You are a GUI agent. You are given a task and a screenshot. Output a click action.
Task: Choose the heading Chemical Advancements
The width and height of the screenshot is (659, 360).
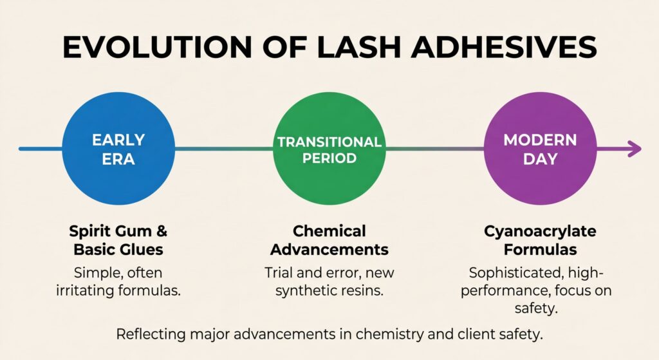329,240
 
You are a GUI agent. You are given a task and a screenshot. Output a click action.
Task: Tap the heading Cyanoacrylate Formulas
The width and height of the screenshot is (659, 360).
540,240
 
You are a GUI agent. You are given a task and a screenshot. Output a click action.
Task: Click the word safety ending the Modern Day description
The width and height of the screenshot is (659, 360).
539,308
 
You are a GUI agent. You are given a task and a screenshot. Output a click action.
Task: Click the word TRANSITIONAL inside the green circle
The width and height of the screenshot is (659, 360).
329,142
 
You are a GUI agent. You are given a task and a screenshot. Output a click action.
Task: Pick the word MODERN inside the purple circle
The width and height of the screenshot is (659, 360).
540,140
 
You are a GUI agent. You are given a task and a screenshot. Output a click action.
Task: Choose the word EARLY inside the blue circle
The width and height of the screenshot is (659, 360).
118,140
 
